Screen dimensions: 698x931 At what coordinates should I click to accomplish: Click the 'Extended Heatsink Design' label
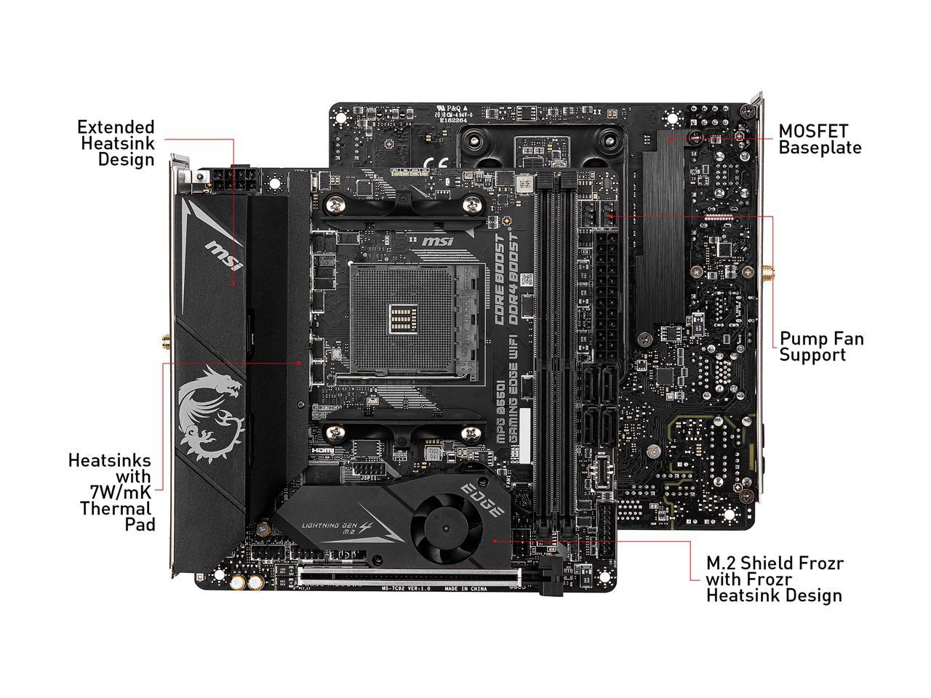[116, 143]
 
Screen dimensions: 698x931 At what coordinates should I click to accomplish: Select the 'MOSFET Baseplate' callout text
[820, 140]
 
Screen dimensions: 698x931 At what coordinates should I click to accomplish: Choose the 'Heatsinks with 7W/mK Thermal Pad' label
[111, 492]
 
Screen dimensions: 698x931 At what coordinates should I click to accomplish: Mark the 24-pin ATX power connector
[606, 298]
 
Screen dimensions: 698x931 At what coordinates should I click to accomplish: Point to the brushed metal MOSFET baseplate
[664, 225]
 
